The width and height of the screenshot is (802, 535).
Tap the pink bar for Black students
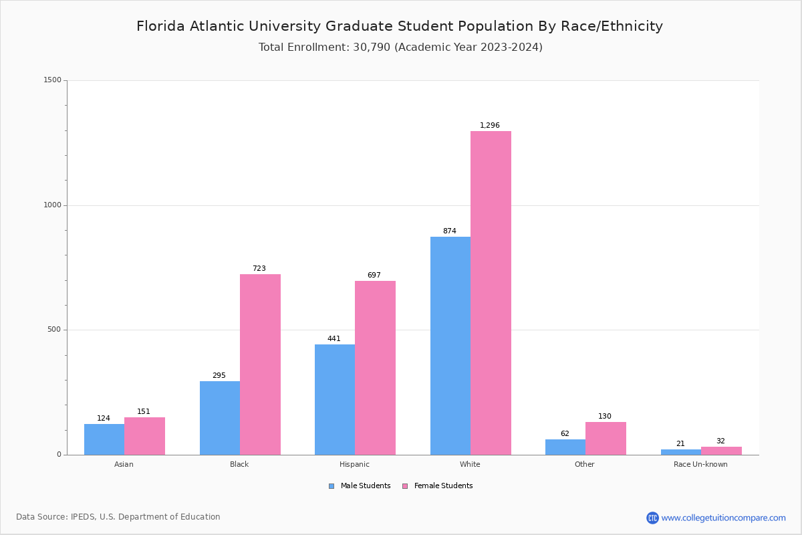click(260, 364)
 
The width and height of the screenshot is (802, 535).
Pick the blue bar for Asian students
click(104, 439)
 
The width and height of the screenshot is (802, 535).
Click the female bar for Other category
click(606, 438)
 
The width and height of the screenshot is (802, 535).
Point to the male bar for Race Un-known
click(681, 452)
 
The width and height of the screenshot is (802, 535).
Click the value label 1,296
click(490, 126)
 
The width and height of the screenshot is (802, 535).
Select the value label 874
click(450, 231)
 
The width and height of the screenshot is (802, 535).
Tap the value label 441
click(334, 339)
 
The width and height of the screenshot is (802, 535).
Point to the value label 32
click(720, 441)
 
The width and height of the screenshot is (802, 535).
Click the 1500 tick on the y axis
click(52, 80)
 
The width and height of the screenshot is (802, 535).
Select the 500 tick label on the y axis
click(54, 330)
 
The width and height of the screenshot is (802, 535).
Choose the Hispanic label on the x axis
click(354, 464)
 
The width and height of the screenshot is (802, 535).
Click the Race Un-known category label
click(700, 464)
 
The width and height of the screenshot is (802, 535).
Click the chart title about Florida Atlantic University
click(400, 26)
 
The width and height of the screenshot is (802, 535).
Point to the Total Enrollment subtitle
click(400, 47)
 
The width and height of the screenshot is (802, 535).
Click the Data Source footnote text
click(118, 517)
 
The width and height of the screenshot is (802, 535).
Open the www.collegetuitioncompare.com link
click(723, 518)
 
